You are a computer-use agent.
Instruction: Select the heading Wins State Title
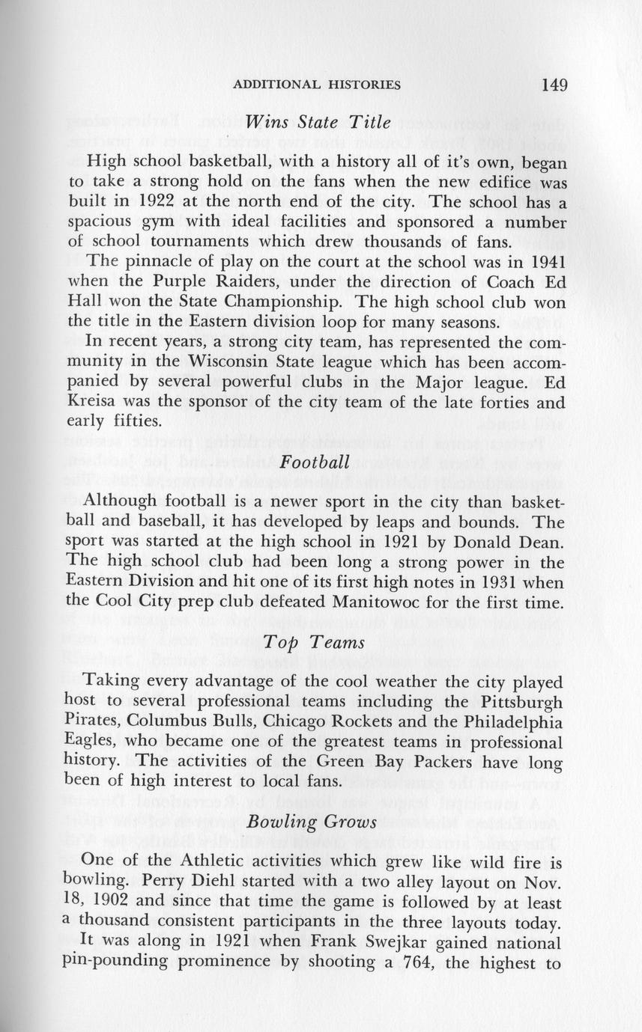click(x=318, y=123)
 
